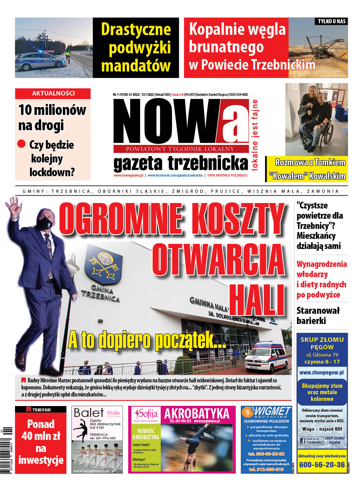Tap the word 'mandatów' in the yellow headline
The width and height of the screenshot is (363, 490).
tap(136, 66)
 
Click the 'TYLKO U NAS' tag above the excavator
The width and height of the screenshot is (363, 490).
tap(331, 21)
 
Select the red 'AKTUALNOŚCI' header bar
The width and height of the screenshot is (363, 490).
tap(53, 94)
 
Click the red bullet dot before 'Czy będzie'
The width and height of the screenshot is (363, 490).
tap(21, 144)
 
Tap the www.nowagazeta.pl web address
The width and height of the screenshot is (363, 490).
tap(128, 175)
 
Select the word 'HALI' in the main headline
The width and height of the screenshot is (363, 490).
tap(257, 300)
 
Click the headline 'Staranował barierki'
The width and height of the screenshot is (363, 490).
tap(318, 315)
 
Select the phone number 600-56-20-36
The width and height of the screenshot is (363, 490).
tap(322, 464)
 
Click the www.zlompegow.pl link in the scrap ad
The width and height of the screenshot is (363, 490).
tap(322, 372)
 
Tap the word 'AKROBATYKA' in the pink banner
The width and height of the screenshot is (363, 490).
tap(196, 413)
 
